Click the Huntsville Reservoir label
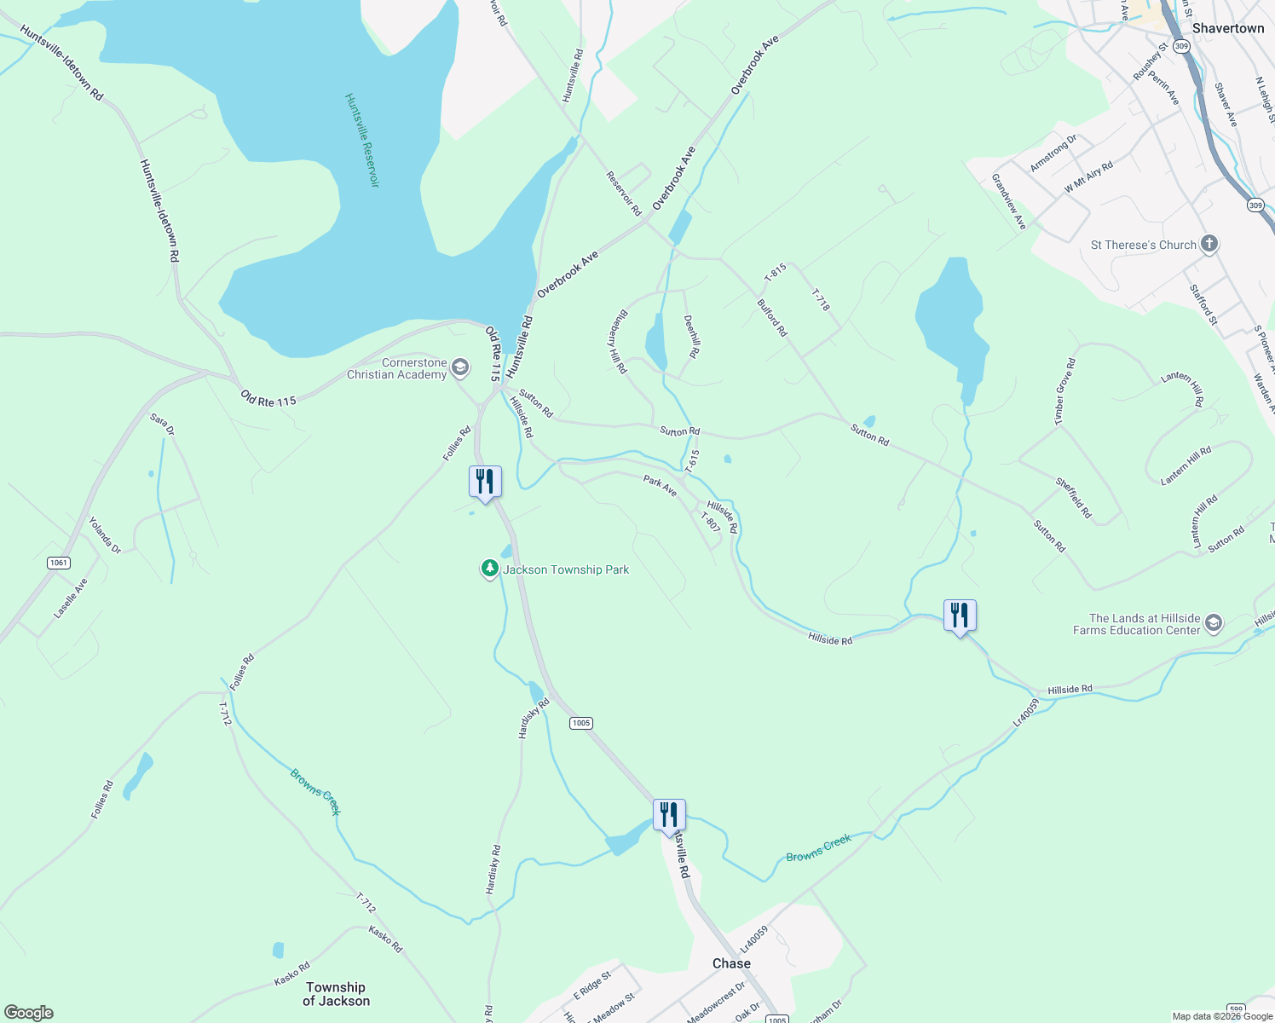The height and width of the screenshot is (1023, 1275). (x=361, y=141)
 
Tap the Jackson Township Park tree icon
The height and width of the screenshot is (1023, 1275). (x=489, y=569)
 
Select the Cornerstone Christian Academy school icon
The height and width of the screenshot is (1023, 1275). (x=459, y=368)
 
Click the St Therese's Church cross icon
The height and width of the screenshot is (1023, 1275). (x=1209, y=245)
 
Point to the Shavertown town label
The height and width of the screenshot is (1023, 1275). (x=1227, y=28)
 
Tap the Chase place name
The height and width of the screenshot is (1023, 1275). (x=731, y=963)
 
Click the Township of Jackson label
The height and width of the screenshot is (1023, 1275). (x=336, y=994)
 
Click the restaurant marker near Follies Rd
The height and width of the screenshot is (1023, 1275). (x=485, y=482)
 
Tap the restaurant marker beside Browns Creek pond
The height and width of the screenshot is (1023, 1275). (x=669, y=815)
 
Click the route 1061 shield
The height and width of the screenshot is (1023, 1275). (x=59, y=563)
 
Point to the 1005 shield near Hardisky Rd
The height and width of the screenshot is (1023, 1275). (x=580, y=723)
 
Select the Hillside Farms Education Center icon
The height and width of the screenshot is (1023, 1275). (x=1214, y=624)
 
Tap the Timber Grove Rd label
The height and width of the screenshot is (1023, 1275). (x=1064, y=391)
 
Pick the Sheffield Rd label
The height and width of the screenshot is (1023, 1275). (x=1073, y=498)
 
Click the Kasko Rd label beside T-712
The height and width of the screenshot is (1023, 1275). (x=385, y=939)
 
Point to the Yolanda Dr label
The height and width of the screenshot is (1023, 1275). (x=105, y=535)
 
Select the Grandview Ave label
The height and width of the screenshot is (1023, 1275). (x=1008, y=202)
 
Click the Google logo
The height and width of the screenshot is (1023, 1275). (x=29, y=1013)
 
